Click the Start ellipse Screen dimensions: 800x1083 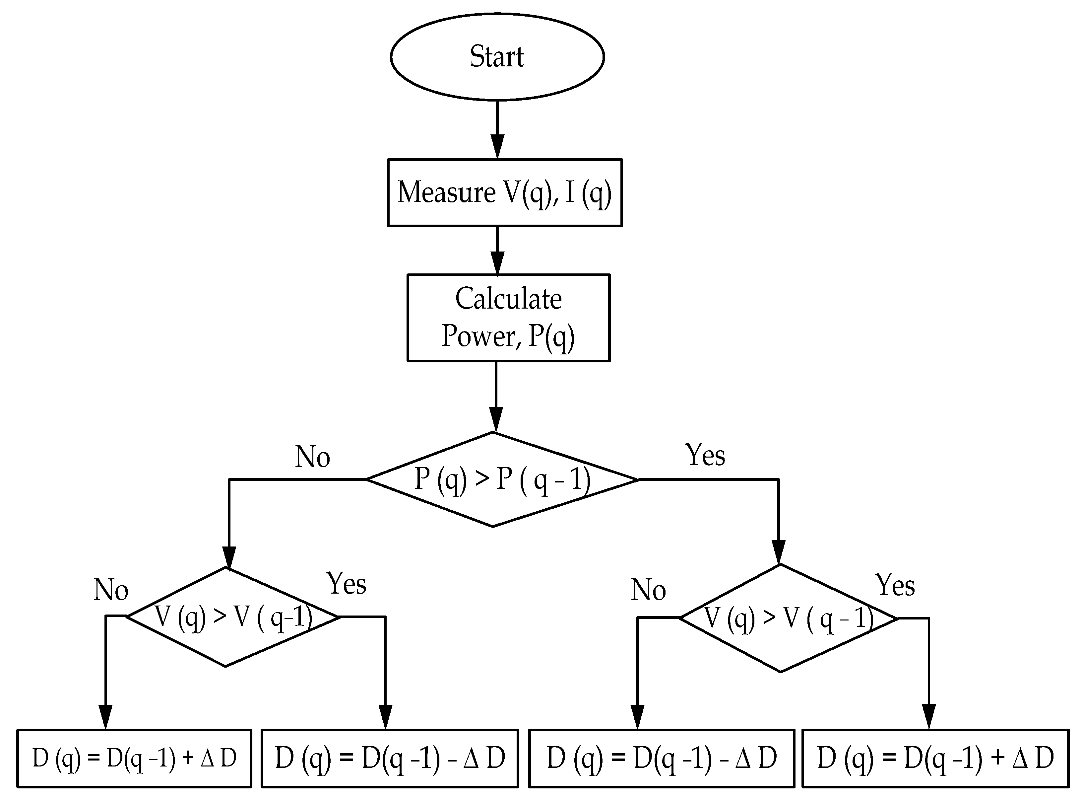point(497,57)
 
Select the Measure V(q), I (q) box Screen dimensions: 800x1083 point(504,192)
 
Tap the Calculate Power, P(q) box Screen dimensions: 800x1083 point(508,317)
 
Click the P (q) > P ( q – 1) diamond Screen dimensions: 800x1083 point(502,479)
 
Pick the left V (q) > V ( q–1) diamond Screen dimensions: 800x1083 point(232,617)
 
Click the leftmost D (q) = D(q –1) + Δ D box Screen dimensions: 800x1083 point(134,758)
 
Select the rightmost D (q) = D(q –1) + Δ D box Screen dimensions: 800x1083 point(935,758)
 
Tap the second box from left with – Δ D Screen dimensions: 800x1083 point(390,758)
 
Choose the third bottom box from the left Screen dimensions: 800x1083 point(662,758)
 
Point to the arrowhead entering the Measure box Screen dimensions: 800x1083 point(497,147)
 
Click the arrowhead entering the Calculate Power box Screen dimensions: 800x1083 point(497,263)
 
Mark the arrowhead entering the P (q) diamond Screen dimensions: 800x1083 point(495,419)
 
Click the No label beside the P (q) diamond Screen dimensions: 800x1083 point(313,457)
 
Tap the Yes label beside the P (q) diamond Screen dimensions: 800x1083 point(705,455)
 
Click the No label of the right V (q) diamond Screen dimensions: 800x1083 point(649,590)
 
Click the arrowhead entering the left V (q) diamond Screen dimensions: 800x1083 point(229,558)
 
